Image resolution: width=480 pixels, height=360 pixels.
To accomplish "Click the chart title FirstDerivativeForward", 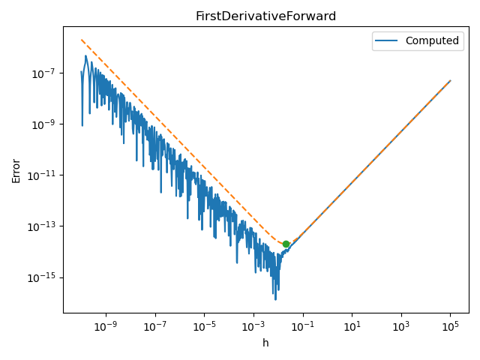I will click(x=265, y=16).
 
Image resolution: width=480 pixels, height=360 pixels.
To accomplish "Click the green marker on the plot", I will click(x=286, y=244).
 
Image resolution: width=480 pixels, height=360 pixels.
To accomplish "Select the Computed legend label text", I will click(x=432, y=40).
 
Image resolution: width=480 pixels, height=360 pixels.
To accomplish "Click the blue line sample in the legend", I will click(x=388, y=40).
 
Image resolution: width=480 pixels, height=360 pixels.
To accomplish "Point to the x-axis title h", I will click(x=265, y=343).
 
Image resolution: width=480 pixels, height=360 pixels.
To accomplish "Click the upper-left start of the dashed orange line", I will click(x=82, y=40).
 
